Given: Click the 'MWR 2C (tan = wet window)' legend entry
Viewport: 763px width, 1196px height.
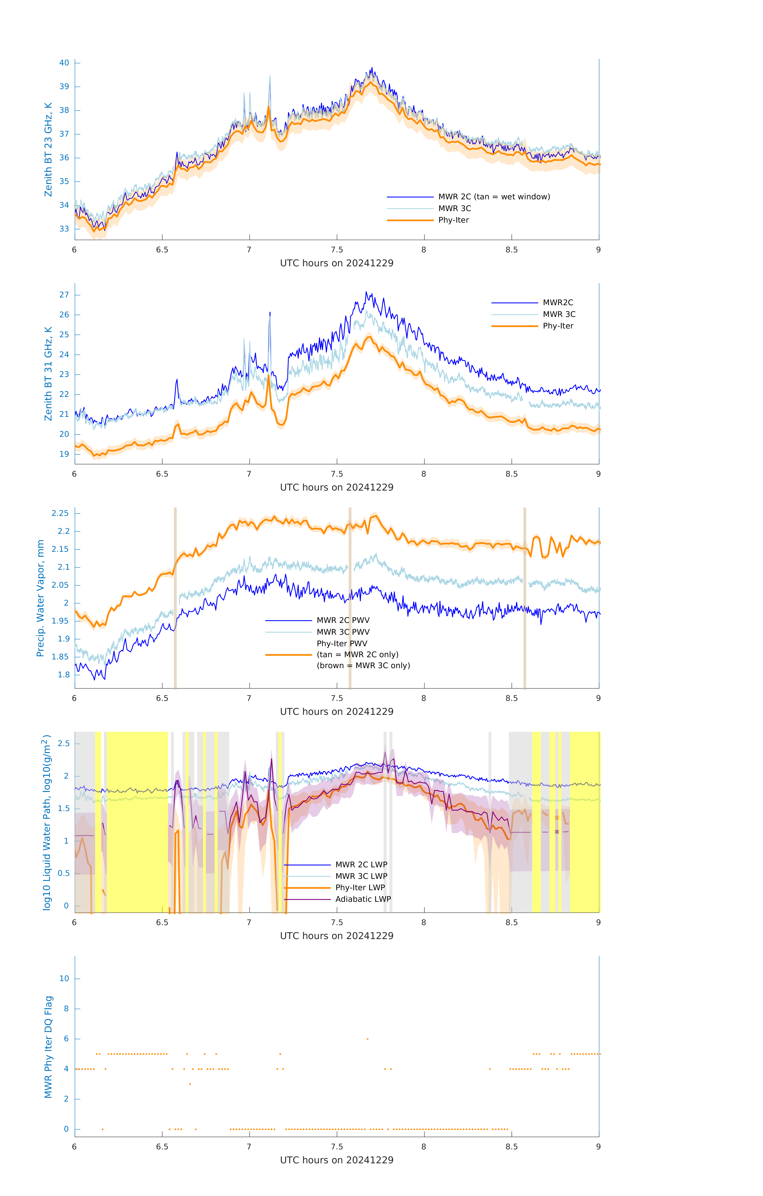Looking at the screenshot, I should [x=494, y=197].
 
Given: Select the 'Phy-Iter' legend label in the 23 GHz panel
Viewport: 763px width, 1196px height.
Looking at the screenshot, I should [x=453, y=220].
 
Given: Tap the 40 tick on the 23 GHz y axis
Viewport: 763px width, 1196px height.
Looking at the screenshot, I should [x=64, y=63].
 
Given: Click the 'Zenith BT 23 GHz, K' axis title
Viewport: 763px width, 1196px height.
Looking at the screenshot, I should [x=48, y=149].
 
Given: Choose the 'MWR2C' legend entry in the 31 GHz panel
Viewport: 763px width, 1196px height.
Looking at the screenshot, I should [x=558, y=302].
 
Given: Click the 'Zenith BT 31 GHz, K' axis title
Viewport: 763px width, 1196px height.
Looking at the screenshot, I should [x=48, y=374].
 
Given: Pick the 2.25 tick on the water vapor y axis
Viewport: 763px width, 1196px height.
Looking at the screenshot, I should [x=60, y=513].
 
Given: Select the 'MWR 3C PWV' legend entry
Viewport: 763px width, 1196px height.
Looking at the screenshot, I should [x=343, y=632].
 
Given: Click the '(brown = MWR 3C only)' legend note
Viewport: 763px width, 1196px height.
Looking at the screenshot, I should [x=363, y=666].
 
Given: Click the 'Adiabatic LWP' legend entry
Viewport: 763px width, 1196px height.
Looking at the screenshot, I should [x=363, y=899].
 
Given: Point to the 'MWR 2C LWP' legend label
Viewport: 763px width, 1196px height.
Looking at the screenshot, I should [x=361, y=865].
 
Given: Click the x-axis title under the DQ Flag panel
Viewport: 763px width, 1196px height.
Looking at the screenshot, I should [x=337, y=1160].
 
